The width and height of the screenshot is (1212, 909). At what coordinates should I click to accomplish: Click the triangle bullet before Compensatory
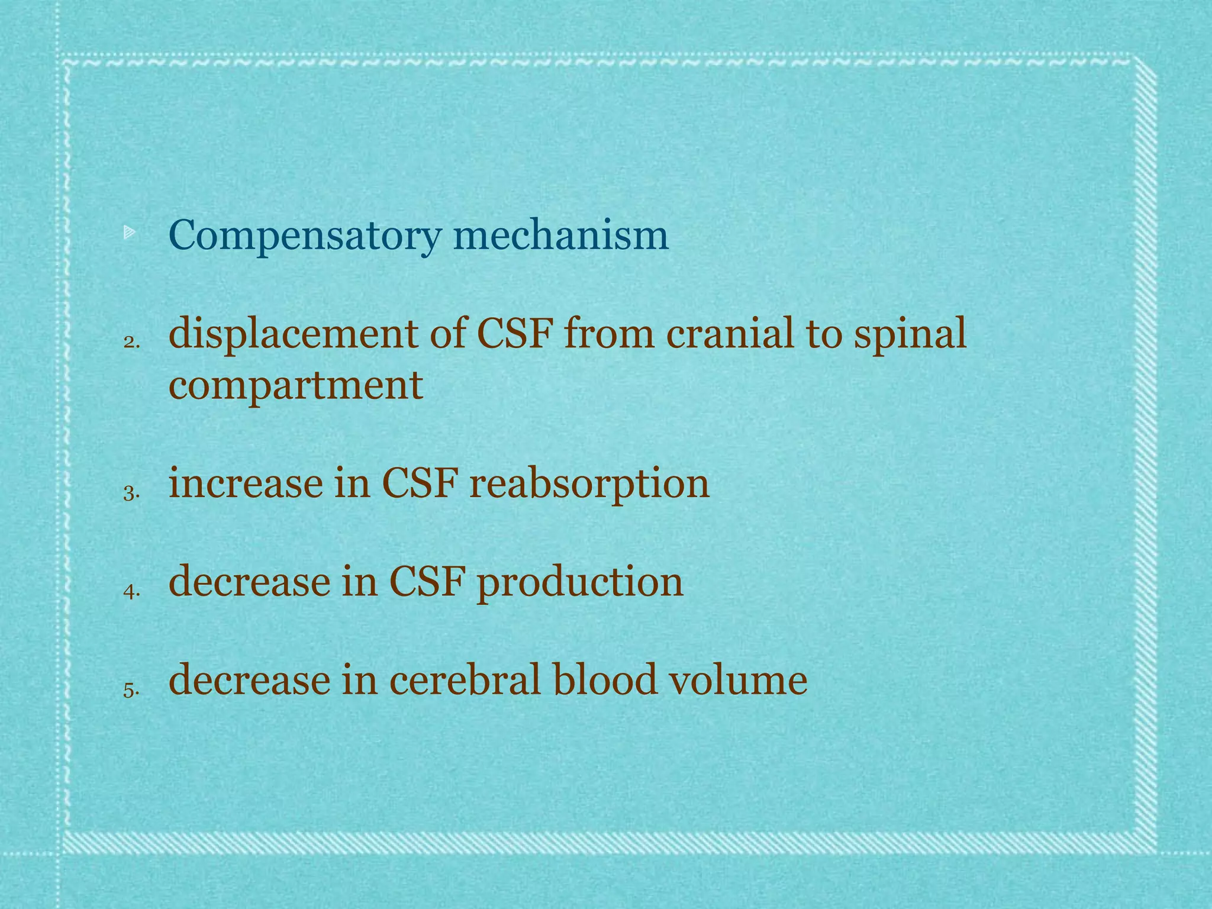(130, 234)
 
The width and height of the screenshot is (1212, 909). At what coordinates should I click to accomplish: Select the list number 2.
(131, 342)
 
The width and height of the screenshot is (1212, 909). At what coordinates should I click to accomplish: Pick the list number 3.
(131, 492)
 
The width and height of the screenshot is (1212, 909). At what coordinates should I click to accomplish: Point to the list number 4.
(131, 591)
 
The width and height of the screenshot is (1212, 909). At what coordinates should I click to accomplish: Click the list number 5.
(131, 689)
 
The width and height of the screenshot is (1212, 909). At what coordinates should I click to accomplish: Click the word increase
(245, 483)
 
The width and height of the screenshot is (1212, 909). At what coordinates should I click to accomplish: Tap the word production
(580, 582)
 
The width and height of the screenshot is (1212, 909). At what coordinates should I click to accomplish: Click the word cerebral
(465, 679)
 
